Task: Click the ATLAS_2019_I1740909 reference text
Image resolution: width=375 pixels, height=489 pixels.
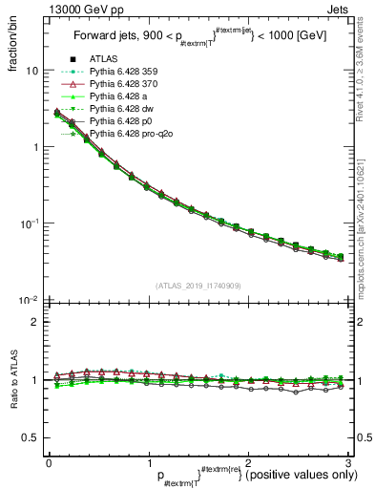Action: pos(198,286)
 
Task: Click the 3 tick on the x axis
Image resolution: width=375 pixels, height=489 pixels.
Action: pos(349,462)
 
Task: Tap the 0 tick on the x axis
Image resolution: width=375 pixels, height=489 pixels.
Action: pos(49,462)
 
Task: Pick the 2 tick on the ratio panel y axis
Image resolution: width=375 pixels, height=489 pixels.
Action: pos(34,322)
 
